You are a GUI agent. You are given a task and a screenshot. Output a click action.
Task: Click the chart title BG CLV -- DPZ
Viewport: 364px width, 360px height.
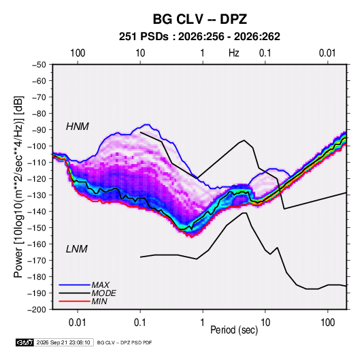click(x=199, y=19)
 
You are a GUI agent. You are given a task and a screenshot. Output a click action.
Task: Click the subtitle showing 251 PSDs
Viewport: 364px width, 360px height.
click(x=199, y=37)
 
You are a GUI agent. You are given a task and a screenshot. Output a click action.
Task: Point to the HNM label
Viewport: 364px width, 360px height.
click(x=78, y=127)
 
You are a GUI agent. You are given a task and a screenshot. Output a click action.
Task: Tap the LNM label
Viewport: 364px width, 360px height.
click(x=77, y=249)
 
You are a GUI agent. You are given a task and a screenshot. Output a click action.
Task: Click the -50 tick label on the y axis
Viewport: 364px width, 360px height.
click(x=39, y=65)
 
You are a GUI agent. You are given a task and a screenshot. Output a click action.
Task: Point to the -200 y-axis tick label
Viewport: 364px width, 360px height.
click(x=37, y=310)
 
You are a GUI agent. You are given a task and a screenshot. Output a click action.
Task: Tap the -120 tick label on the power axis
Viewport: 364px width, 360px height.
click(x=37, y=179)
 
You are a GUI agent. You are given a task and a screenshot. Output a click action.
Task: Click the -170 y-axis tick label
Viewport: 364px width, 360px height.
click(x=37, y=261)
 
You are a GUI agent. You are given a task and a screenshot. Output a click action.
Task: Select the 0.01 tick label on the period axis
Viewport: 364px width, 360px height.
click(x=78, y=323)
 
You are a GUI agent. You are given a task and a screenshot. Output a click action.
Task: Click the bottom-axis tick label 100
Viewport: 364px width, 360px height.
click(x=327, y=323)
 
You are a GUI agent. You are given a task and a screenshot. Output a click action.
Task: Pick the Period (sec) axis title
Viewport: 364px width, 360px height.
click(x=234, y=330)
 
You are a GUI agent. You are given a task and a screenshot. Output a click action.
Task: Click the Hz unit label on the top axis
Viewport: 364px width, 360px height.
click(x=234, y=53)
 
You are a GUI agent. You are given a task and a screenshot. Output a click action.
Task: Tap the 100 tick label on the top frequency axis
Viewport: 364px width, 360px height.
click(x=78, y=53)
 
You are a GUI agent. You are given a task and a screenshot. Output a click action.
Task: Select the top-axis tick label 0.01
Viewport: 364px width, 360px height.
click(x=327, y=53)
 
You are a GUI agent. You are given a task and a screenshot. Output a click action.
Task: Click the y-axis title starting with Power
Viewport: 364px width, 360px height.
click(x=18, y=187)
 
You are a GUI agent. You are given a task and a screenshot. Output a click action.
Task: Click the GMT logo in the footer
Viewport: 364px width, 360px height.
click(x=25, y=342)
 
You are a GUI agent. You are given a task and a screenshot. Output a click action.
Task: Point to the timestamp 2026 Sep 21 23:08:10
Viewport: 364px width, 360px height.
click(x=63, y=342)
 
